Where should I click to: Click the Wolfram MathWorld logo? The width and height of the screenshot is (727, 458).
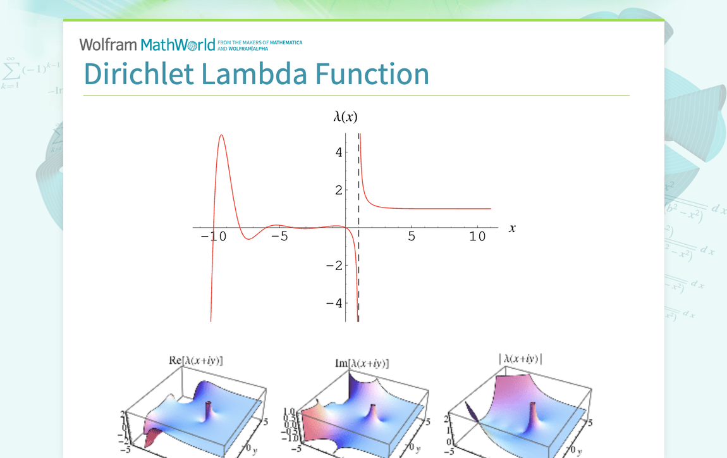tap(147, 44)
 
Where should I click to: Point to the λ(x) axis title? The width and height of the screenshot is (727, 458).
tap(346, 116)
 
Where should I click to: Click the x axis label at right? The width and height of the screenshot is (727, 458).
tap(512, 228)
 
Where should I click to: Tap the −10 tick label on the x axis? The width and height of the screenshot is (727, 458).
tap(214, 237)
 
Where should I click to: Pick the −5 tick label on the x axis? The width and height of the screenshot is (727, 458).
tap(279, 237)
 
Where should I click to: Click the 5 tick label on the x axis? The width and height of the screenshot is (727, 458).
tap(412, 237)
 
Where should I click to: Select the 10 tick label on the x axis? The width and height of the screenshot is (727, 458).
tap(478, 237)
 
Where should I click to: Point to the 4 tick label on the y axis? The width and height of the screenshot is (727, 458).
tap(339, 152)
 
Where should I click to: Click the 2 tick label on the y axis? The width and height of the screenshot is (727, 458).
tap(339, 190)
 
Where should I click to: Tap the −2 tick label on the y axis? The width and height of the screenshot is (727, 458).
tap(334, 265)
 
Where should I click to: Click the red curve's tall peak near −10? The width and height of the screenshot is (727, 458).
tap(221, 135)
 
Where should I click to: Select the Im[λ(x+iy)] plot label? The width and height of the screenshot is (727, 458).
tap(362, 364)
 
